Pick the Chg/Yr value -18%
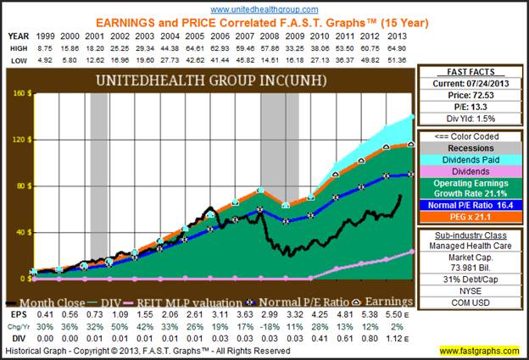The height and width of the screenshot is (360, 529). (269, 324)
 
